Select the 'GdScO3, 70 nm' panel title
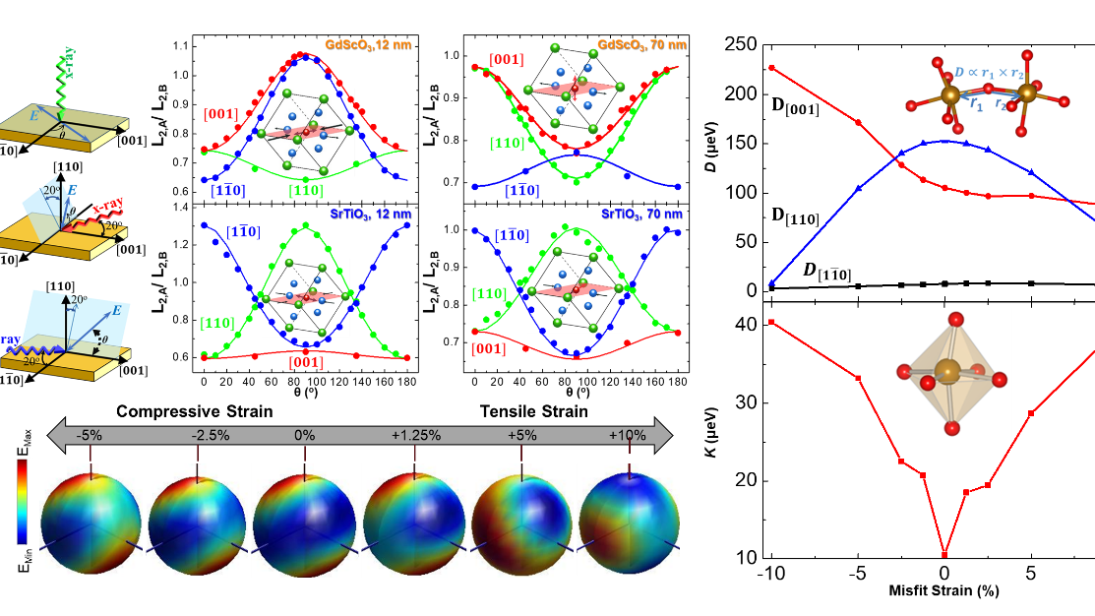636,44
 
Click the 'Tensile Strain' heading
534,411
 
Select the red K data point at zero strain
944,554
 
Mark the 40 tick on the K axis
746,325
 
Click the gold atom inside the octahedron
947,372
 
